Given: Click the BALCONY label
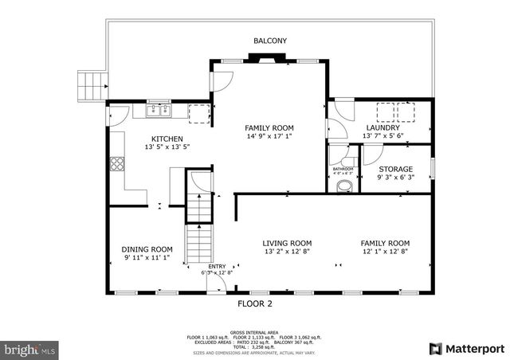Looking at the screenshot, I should pyautogui.click(x=270, y=41).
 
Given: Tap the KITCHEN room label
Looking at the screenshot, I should pyautogui.click(x=167, y=139).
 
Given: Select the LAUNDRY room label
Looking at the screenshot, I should pyautogui.click(x=382, y=127).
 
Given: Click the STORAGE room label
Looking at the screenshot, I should pyautogui.click(x=395, y=169).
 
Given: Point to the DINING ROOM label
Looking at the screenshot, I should pyautogui.click(x=147, y=248).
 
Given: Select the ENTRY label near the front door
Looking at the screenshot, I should pyautogui.click(x=217, y=267).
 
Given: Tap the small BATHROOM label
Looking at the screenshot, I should pyautogui.click(x=343, y=169).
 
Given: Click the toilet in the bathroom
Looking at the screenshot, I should pyautogui.click(x=344, y=186).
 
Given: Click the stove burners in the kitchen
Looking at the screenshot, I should pyautogui.click(x=117, y=165).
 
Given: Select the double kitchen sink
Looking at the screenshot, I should pyautogui.click(x=159, y=111).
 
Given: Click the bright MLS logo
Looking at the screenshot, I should pyautogui.click(x=29, y=349).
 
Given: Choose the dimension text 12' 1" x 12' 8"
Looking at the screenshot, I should pyautogui.click(x=384, y=252).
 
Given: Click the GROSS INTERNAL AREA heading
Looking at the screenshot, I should pyautogui.click(x=255, y=332).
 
